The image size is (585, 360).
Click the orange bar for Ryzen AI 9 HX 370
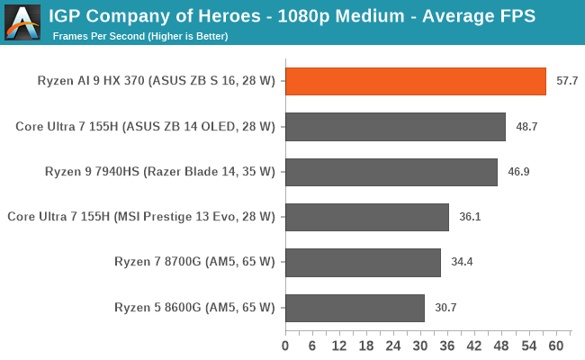point(416,81)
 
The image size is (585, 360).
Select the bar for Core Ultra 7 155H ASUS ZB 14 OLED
point(395,127)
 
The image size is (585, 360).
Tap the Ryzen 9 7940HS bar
point(391,172)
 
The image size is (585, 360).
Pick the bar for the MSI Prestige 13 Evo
point(367,217)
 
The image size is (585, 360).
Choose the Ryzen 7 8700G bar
point(363,263)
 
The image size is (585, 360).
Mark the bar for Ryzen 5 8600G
point(355,308)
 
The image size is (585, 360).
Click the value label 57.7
point(567,81)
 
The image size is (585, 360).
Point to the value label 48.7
point(526,127)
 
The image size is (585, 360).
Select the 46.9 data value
point(518,172)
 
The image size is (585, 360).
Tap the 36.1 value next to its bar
point(470,217)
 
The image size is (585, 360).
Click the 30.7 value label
point(445,308)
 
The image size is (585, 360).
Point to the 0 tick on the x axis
point(285,346)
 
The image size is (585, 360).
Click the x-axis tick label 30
point(420,346)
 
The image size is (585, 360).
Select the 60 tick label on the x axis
point(555,346)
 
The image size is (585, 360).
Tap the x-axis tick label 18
point(366,346)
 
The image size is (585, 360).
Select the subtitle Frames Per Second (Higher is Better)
point(139,36)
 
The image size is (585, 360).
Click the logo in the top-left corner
point(22,22)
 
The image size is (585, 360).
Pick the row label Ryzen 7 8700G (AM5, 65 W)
point(194,263)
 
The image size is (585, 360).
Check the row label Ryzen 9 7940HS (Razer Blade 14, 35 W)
point(159,172)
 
